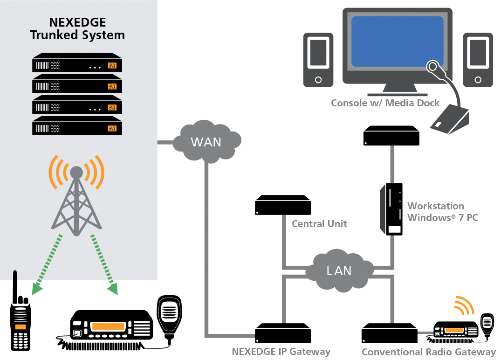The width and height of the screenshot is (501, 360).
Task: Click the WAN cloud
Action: point(206,142)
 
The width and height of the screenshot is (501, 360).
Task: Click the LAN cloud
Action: point(339,271)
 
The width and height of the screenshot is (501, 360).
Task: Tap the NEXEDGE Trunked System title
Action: point(77,28)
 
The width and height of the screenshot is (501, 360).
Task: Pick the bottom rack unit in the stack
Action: point(77,127)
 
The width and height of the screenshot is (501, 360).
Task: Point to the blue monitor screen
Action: point(397,41)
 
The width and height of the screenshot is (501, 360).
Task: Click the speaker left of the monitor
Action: point(318,60)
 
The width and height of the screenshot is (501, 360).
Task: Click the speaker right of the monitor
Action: point(477,60)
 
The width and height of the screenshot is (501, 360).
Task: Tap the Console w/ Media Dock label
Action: point(385,103)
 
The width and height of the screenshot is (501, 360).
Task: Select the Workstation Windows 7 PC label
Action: point(442,212)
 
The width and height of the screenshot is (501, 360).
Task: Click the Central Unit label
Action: point(319,224)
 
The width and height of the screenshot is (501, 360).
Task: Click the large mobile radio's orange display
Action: point(109,326)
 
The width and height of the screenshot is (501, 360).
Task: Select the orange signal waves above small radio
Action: point(465,305)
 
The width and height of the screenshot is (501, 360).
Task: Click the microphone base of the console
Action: point(449,120)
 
